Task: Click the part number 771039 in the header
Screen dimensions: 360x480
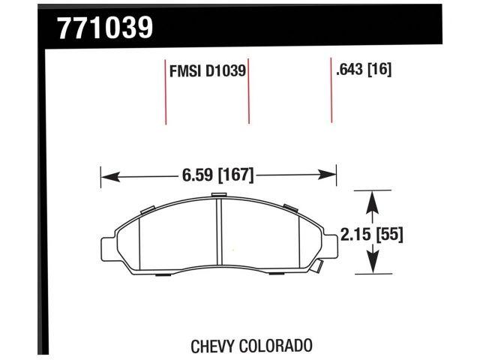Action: point(106,27)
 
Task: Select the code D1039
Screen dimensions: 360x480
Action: point(224,71)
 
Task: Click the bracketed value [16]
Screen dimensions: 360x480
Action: point(379,70)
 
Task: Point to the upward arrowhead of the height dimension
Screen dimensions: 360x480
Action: point(371,199)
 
